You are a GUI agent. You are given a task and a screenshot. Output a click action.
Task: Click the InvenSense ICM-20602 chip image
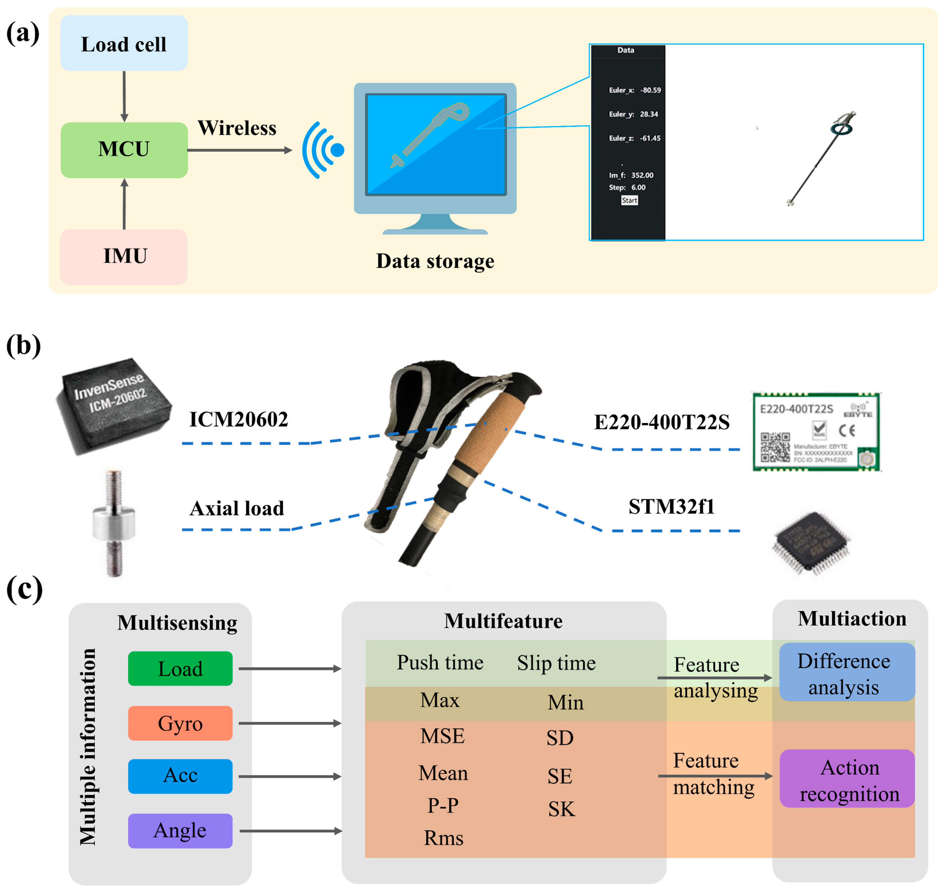113,405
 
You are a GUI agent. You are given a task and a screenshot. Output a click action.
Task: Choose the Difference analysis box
847,672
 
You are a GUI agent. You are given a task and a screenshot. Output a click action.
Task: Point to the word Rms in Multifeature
443,838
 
